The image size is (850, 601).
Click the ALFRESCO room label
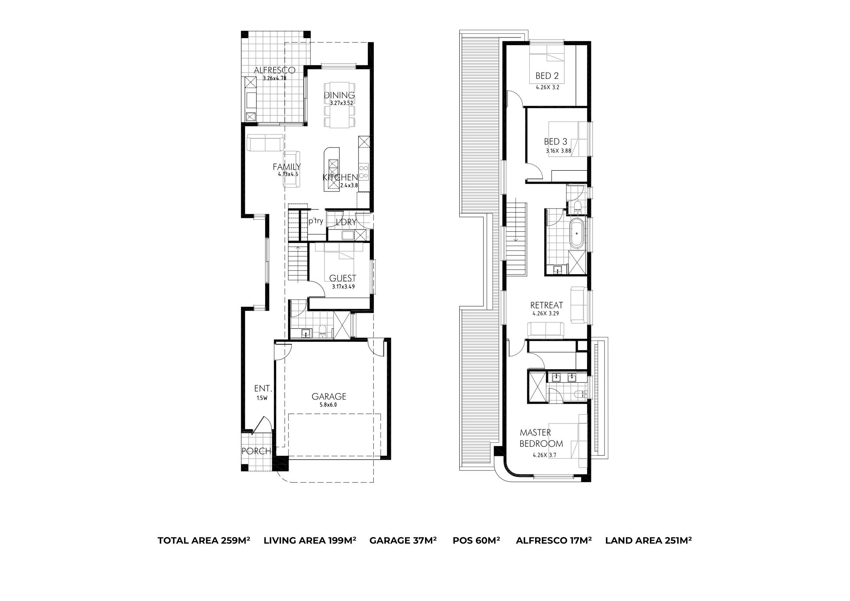click(x=274, y=70)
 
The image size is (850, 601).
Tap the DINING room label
click(x=340, y=96)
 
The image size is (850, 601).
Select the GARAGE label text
click(x=329, y=396)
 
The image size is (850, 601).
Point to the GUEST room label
click(x=343, y=278)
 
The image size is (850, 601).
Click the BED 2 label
click(x=547, y=76)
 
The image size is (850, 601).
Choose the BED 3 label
click(x=556, y=141)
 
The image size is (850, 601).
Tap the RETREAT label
click(x=546, y=305)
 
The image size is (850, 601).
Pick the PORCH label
click(x=256, y=451)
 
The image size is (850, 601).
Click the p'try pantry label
click(x=316, y=221)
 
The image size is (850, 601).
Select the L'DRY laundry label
click(x=346, y=222)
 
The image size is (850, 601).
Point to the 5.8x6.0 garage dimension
click(x=328, y=405)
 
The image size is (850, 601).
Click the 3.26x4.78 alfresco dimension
click(x=274, y=78)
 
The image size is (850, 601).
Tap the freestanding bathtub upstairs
click(x=576, y=234)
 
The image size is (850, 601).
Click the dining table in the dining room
click(x=339, y=105)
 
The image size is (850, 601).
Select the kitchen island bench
click(x=331, y=170)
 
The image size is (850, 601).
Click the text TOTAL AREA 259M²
click(x=204, y=540)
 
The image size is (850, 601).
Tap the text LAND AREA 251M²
click(x=649, y=540)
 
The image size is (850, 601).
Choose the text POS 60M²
click(x=476, y=540)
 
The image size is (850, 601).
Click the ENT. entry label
click(x=263, y=389)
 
